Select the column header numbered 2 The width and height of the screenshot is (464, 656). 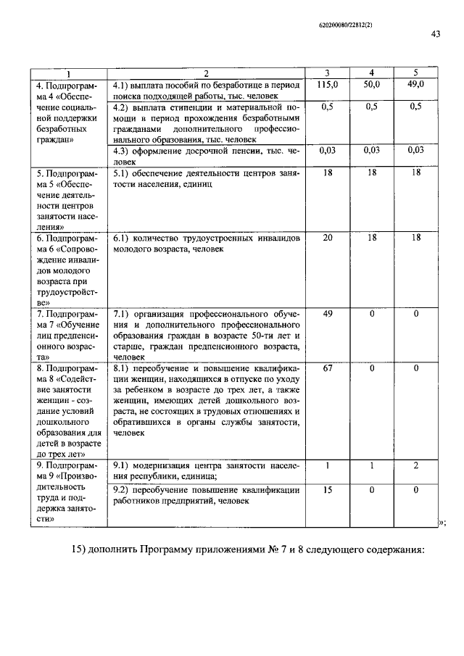pos(205,73)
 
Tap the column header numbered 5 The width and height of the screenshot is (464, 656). pos(416,73)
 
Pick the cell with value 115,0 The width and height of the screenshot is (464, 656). pos(328,85)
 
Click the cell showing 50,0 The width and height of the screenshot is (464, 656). pos(371,85)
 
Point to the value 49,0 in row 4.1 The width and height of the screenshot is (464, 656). pos(416,85)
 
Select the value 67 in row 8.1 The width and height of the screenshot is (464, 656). pos(328,369)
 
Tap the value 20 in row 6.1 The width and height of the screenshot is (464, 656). pos(328,238)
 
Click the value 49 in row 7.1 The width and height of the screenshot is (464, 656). pos(328,314)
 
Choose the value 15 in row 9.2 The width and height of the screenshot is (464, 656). pos(328,490)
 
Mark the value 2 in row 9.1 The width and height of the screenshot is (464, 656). pos(416,465)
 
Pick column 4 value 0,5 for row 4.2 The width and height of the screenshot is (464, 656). pos(371,107)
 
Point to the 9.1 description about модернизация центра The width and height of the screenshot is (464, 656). pos(205,470)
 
